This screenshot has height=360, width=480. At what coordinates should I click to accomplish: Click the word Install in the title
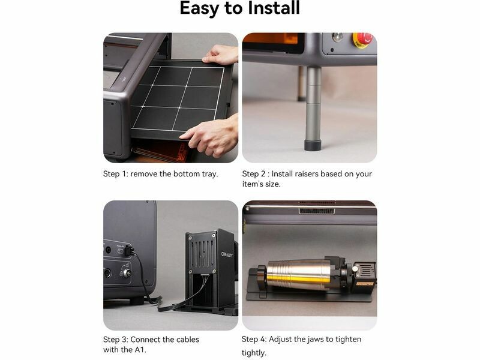(x=274, y=8)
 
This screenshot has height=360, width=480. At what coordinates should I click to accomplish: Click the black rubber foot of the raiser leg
(x=313, y=145)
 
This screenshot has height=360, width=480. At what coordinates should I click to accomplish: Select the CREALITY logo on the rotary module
(x=227, y=254)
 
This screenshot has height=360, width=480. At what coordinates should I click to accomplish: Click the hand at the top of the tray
(x=220, y=55)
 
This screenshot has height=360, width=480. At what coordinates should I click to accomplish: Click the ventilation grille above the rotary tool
(x=317, y=211)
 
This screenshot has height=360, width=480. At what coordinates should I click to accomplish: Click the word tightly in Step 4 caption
(x=254, y=353)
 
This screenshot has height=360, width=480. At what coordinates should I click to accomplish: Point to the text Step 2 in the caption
(x=253, y=174)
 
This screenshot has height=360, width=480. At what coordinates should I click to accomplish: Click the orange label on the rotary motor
(x=365, y=284)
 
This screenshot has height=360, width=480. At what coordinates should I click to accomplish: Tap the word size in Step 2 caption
(x=272, y=184)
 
